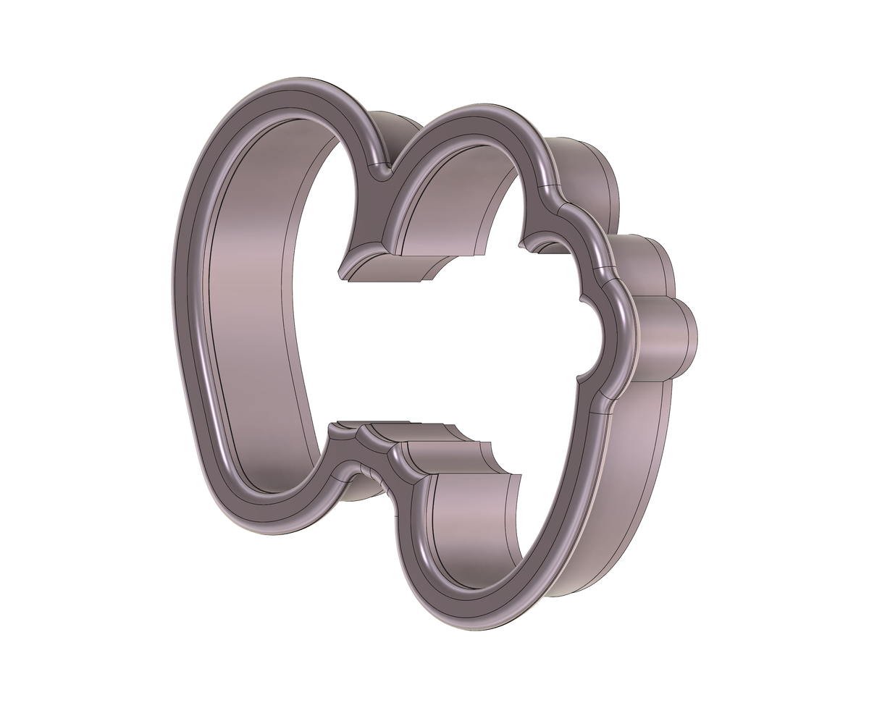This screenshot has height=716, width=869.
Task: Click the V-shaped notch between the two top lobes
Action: click(x=378, y=172)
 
